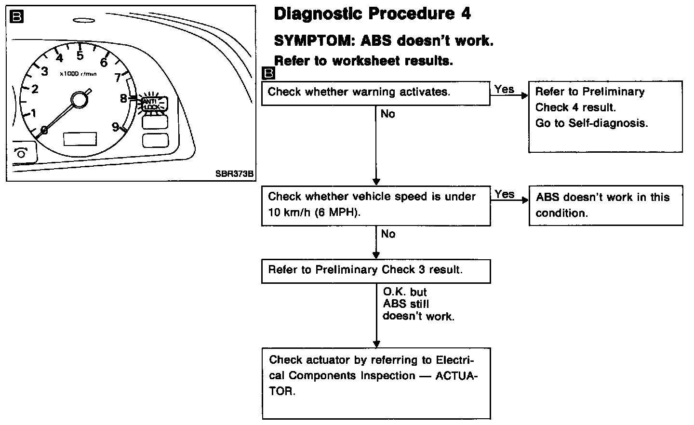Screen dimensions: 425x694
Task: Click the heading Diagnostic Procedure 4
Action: click(x=372, y=14)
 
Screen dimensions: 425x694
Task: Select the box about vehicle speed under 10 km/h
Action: click(x=375, y=205)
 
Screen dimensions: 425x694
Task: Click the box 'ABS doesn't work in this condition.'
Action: click(x=605, y=205)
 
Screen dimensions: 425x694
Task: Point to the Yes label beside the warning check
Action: click(x=504, y=89)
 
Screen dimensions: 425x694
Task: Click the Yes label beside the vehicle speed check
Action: click(x=504, y=194)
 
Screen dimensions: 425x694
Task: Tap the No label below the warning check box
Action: click(x=387, y=114)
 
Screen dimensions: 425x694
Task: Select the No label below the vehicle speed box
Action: click(x=387, y=234)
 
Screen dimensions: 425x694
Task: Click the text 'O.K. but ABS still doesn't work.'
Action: click(x=417, y=304)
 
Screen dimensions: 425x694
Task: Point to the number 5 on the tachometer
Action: click(x=80, y=55)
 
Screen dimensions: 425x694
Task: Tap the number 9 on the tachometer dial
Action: click(x=115, y=126)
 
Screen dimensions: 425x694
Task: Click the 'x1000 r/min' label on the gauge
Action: click(x=78, y=74)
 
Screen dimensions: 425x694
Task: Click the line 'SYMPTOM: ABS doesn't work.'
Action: click(x=384, y=40)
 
